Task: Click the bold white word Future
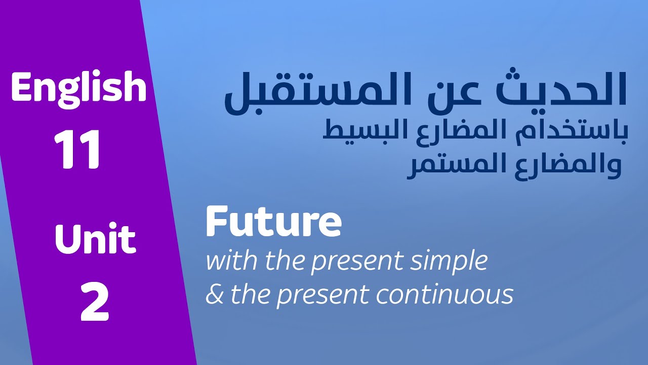tap(273, 223)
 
